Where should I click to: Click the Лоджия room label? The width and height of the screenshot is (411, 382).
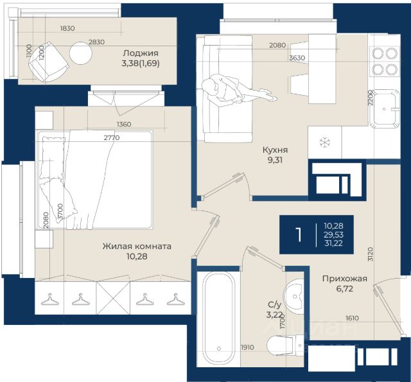pos(141,53)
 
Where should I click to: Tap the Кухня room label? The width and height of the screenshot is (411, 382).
pos(275,150)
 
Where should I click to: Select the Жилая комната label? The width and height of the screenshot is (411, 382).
pos(137,247)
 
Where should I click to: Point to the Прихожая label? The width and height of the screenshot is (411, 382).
pos(345,279)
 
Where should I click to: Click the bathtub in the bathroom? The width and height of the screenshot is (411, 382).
pos(218,318)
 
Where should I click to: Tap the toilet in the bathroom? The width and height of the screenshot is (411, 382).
pos(285,345)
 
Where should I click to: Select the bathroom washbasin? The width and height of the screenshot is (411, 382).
pos(294,297)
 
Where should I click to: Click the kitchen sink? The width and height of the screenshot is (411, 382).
pos(384,109)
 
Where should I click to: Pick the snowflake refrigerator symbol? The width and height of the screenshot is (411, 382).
pos(325,143)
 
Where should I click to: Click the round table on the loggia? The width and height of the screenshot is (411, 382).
pos(81,53)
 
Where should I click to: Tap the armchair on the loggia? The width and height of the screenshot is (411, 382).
pos(48,62)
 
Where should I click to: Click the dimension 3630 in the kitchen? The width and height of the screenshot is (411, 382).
pos(297,58)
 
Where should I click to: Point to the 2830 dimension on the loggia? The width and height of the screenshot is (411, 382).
pos(96,42)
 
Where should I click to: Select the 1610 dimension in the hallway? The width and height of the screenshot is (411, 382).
pos(352,318)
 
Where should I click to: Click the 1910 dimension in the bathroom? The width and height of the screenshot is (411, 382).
pos(247,347)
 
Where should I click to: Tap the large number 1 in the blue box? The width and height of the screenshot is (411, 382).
pos(298,234)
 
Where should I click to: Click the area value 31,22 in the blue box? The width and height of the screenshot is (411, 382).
pos(333,243)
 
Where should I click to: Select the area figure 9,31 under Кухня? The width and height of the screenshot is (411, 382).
pos(275,160)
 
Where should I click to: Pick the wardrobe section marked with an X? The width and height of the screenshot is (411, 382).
pos(113,298)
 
